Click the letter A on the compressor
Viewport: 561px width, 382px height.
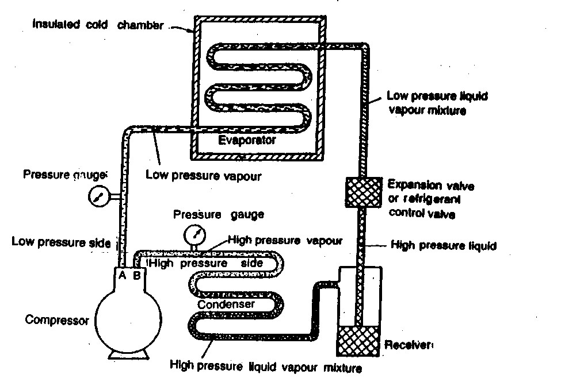122,275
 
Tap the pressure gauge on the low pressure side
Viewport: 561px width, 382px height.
97,197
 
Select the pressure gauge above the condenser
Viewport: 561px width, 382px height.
194,234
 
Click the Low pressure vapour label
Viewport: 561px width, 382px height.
204,176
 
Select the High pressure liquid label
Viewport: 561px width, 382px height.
443,245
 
